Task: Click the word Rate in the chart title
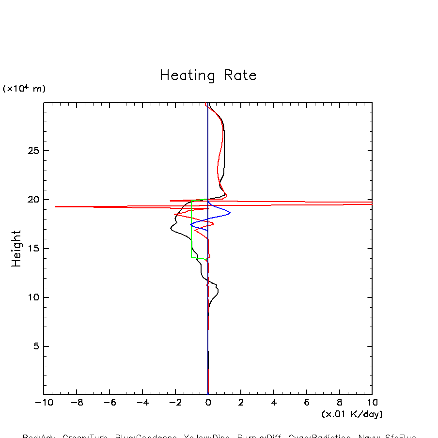pos(240,76)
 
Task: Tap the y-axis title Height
pos(16,249)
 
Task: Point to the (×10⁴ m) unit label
pos(24,89)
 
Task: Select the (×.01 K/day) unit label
pos(352,414)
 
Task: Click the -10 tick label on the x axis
pos(41,403)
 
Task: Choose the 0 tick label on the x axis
pos(208,403)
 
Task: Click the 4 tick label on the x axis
pos(274,403)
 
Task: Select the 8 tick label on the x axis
pos(339,403)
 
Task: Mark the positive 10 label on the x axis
pos(372,403)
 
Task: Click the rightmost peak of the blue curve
pos(230,213)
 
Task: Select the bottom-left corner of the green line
pos(192,257)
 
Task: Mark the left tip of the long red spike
pos(55,206)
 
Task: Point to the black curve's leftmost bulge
pos(171,229)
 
